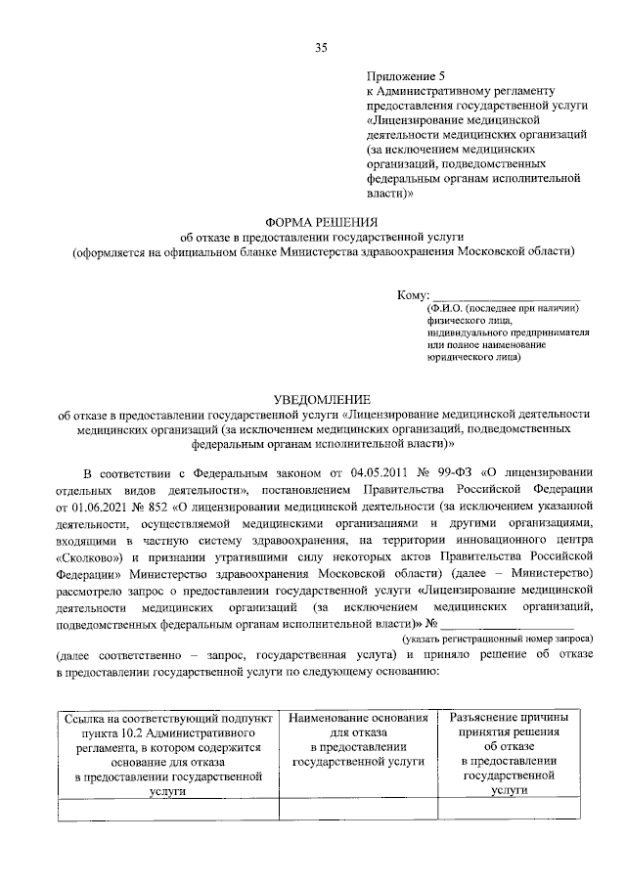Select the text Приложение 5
point(405,74)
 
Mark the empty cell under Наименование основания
point(358,808)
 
